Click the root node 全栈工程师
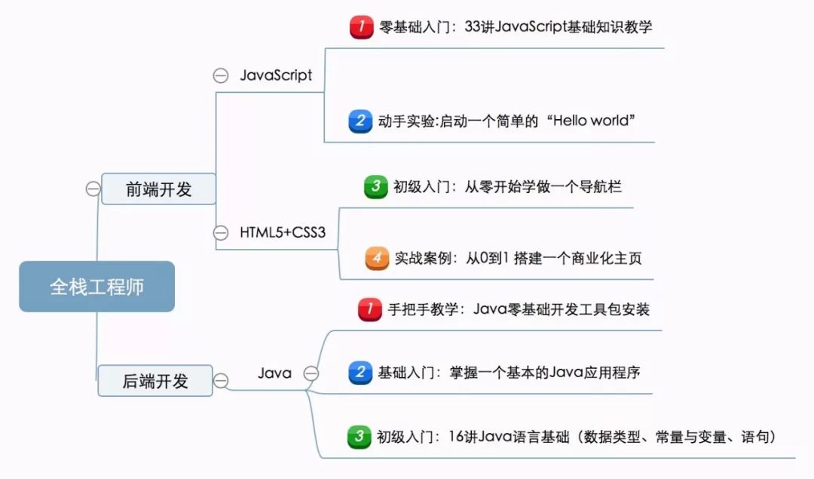(96, 287)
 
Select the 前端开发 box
(158, 189)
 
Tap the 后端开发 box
(155, 381)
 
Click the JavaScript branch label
(276, 75)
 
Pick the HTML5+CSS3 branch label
(283, 232)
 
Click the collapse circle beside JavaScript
(221, 75)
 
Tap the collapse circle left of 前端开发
(93, 189)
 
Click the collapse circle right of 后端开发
(221, 381)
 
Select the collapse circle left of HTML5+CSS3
(221, 232)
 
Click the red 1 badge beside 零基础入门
(362, 27)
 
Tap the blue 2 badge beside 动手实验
(361, 121)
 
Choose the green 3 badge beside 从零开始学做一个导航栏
(375, 186)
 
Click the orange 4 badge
(377, 258)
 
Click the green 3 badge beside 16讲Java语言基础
(360, 437)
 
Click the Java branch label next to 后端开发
(274, 373)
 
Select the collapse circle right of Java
(311, 373)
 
